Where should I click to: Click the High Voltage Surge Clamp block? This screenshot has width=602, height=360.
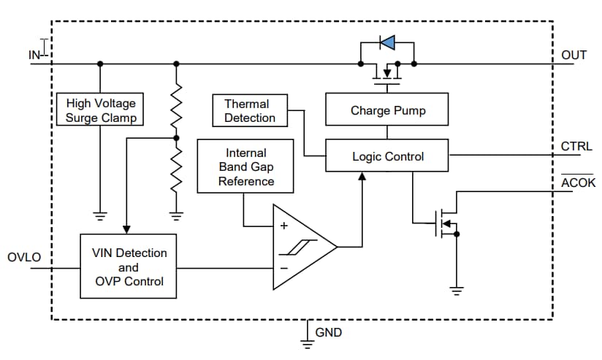(101, 110)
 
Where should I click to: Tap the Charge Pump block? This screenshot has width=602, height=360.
(387, 111)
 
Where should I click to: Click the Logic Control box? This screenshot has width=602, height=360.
(387, 156)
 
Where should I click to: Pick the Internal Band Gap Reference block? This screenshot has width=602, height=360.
(245, 167)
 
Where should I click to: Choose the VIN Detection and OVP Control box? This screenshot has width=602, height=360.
(129, 267)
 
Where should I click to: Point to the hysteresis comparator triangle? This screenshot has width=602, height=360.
(301, 247)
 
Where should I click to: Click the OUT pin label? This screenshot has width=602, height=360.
(574, 55)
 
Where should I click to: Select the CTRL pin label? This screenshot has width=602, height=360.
(576, 146)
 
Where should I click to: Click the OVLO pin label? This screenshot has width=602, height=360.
(24, 258)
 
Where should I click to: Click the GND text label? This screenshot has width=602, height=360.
(328, 333)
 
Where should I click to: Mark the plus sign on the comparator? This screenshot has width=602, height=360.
(284, 226)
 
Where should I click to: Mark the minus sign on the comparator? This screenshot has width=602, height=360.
(284, 268)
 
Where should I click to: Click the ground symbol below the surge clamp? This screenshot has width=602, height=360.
(101, 215)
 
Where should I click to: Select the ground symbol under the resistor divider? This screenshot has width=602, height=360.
(175, 215)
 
